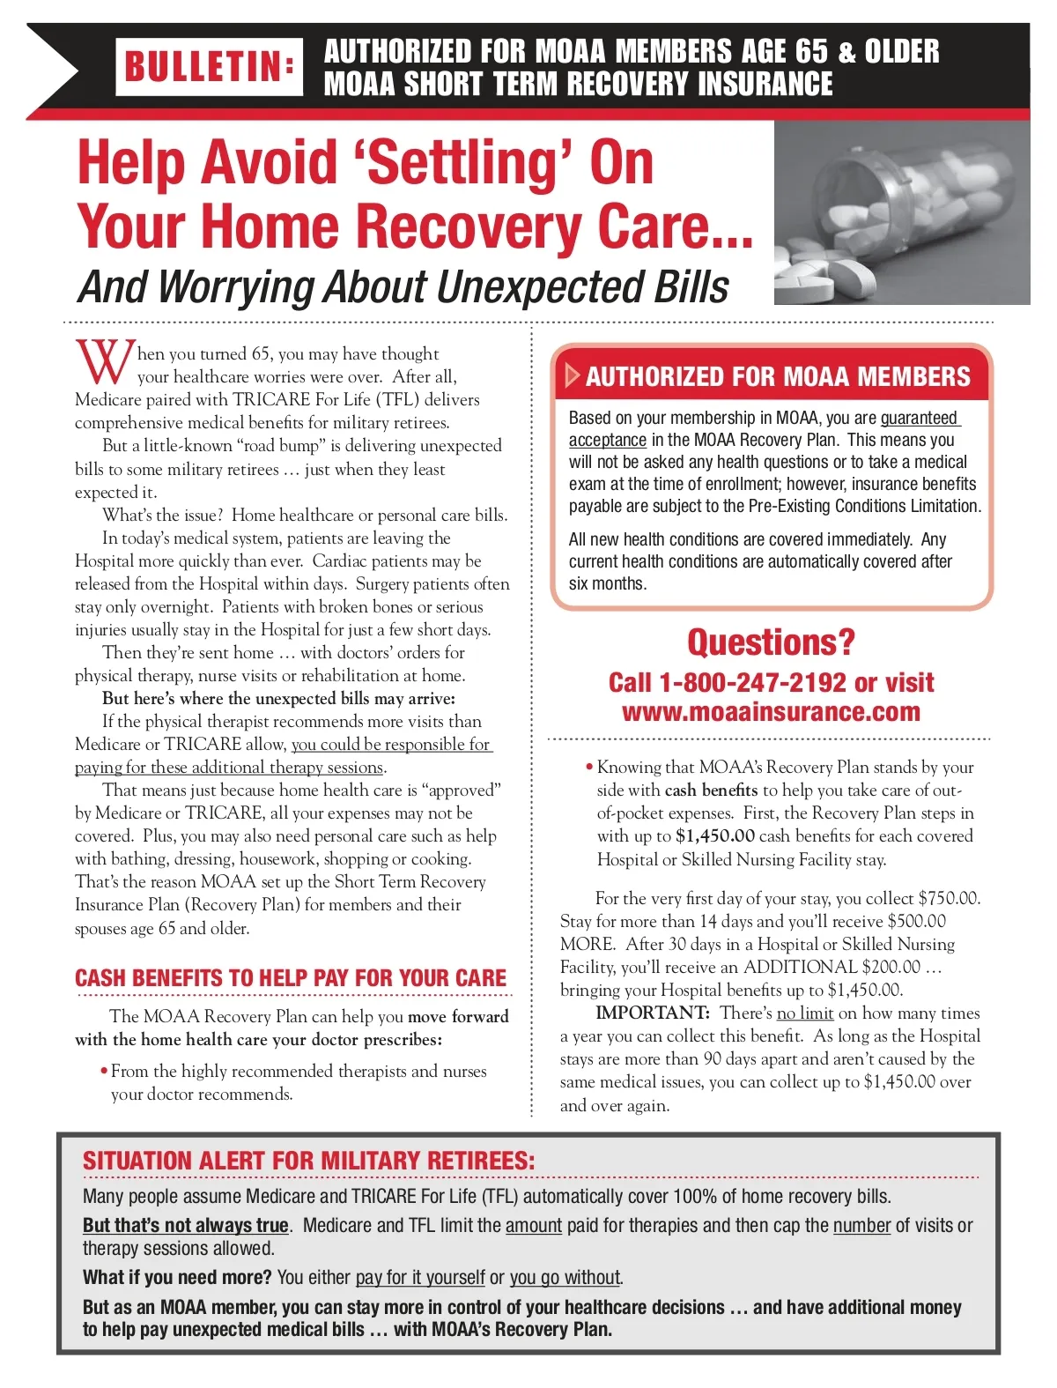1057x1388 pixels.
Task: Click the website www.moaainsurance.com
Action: tap(771, 712)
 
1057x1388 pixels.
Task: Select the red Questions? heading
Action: tap(771, 642)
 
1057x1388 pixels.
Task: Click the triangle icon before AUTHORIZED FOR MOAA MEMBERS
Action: tap(572, 376)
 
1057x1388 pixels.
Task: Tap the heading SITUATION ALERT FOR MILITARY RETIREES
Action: tap(308, 1161)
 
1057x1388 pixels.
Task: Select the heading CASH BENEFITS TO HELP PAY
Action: tap(291, 978)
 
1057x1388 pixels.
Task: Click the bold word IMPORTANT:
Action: tap(653, 1013)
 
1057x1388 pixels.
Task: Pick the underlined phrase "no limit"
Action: tap(805, 1013)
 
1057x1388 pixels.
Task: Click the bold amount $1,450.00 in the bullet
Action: tap(715, 835)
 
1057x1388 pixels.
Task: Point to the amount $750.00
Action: tap(949, 899)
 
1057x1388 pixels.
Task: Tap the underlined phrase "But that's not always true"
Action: tap(186, 1226)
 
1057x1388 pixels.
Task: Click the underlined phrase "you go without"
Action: tap(565, 1278)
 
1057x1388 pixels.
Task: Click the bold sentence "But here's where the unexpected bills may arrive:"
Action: tap(278, 699)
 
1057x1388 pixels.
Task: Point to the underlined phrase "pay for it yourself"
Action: tap(420, 1278)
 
